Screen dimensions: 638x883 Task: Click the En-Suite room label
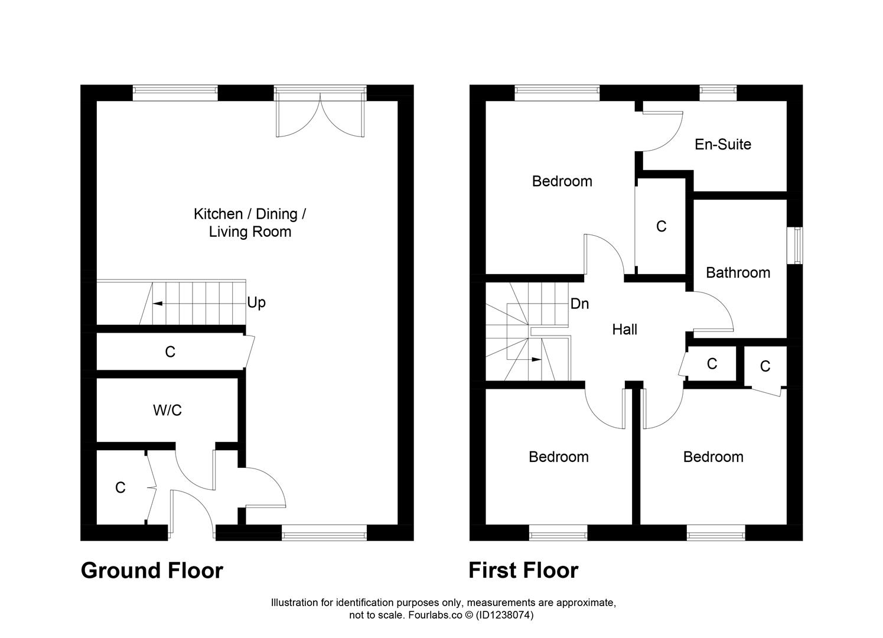point(722,145)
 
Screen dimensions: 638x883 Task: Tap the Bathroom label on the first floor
point(738,273)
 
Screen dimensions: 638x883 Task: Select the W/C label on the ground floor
point(167,411)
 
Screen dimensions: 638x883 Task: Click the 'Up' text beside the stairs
point(256,303)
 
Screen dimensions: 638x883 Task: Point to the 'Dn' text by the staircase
point(579,304)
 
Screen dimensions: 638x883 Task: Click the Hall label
point(624,330)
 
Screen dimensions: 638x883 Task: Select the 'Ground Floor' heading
point(152,571)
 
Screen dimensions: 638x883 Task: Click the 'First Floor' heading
point(523,571)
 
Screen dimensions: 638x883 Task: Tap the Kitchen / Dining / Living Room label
point(250,223)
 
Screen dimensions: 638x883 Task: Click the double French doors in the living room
point(320,115)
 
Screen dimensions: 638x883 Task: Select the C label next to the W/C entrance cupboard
point(120,488)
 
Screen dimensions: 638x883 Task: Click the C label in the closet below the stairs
point(170,353)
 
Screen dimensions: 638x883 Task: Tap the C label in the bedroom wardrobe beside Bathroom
point(661,226)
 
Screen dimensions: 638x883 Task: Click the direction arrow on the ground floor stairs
point(158,304)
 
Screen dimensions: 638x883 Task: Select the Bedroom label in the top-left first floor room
point(562,181)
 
